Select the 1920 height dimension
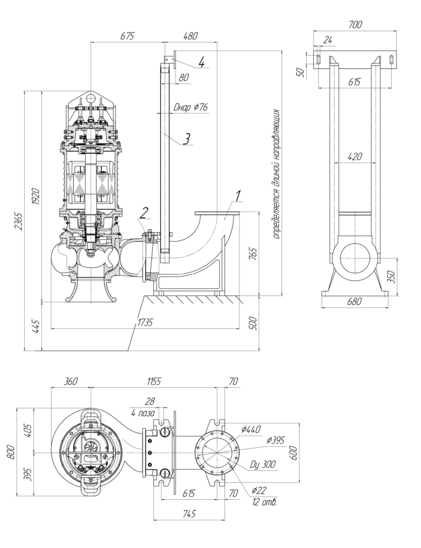point(36,196)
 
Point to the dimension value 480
point(190,36)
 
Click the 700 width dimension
point(355,24)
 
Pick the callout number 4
point(202,61)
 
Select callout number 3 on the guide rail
point(186,138)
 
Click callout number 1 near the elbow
point(238,196)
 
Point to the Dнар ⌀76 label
point(190,107)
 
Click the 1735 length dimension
point(144,322)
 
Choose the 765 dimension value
point(253,254)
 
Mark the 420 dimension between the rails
point(355,156)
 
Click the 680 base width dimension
point(354,301)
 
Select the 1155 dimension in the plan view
point(153,381)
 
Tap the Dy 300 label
point(263,465)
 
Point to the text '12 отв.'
point(264,502)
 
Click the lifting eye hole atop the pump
point(91,97)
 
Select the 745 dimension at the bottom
point(189,513)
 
